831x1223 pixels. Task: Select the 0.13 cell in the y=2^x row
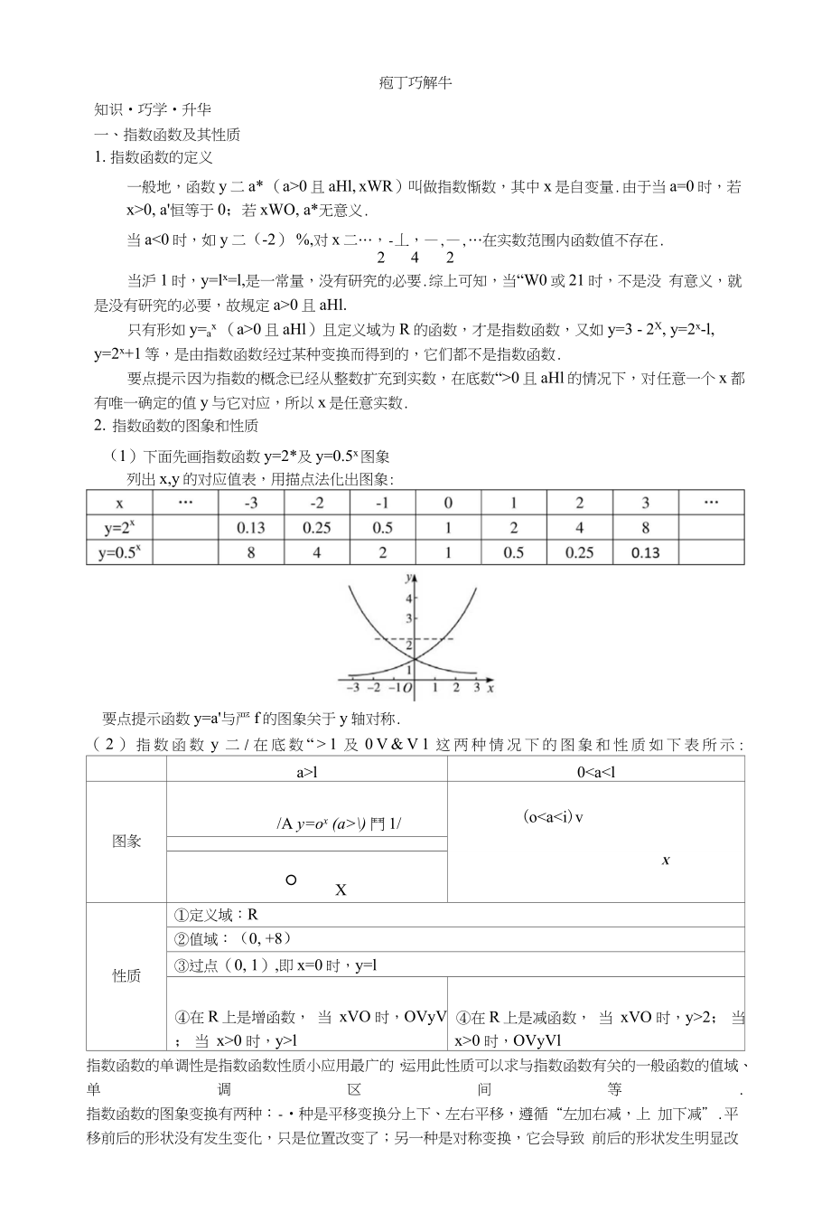click(x=251, y=528)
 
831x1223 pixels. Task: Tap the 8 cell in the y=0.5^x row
click(x=251, y=552)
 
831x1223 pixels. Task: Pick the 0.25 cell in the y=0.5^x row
click(x=579, y=552)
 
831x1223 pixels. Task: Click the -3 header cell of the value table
click(x=251, y=503)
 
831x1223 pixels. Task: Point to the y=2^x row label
click(x=119, y=528)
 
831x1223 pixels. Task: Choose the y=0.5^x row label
click(x=119, y=552)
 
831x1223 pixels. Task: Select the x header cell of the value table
click(x=119, y=503)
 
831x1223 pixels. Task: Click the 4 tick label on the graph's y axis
click(x=409, y=598)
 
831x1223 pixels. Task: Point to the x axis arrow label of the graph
click(x=490, y=689)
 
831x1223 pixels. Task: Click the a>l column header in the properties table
click(x=307, y=772)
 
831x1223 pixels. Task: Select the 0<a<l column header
click(x=596, y=772)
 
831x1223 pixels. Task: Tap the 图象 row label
click(x=126, y=842)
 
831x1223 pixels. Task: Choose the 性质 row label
click(x=126, y=975)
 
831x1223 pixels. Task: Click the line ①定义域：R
click(x=216, y=915)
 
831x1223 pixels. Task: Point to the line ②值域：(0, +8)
click(x=232, y=939)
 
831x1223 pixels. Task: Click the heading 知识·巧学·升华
click(x=153, y=109)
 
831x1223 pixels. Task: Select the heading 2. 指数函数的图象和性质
click(x=176, y=425)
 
